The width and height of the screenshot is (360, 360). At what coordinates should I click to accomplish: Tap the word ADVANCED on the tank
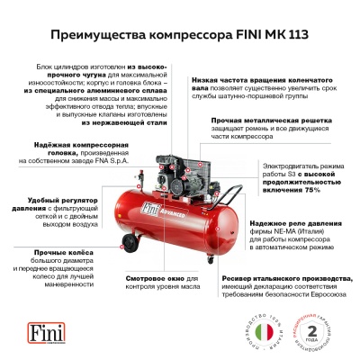184,217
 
